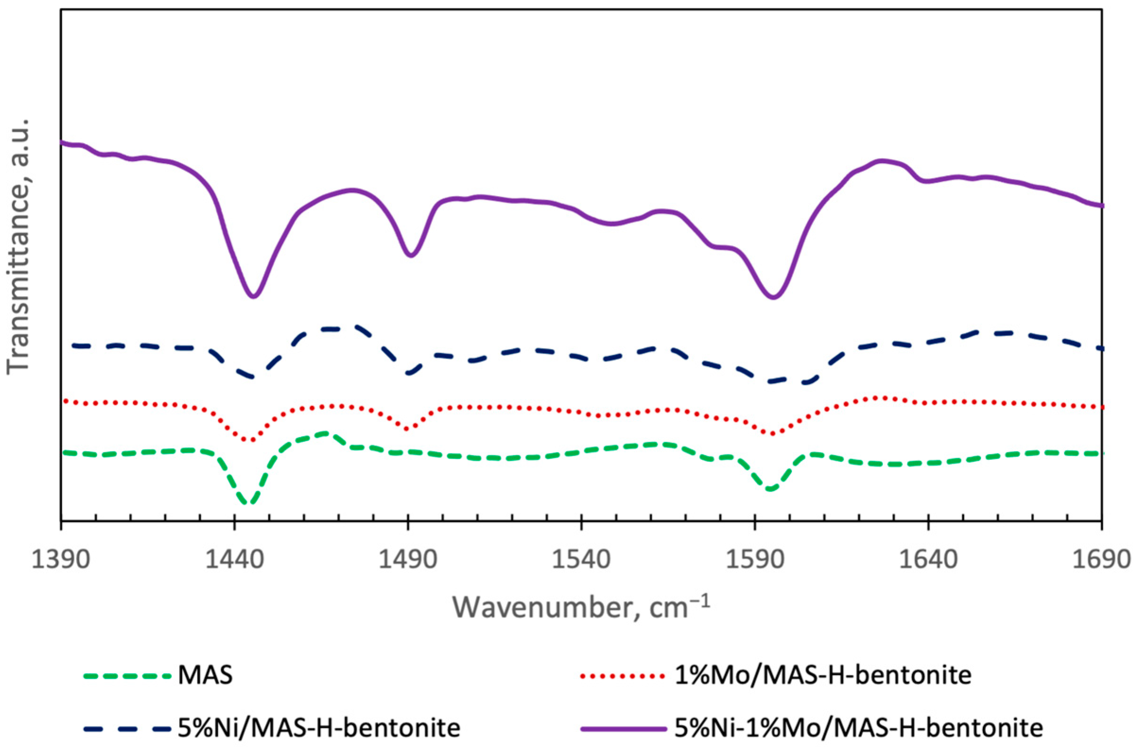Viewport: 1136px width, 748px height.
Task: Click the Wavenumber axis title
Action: [581, 620]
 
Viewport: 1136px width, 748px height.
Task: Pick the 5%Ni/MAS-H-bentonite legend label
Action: [319, 729]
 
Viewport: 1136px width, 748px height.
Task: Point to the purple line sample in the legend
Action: [623, 729]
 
